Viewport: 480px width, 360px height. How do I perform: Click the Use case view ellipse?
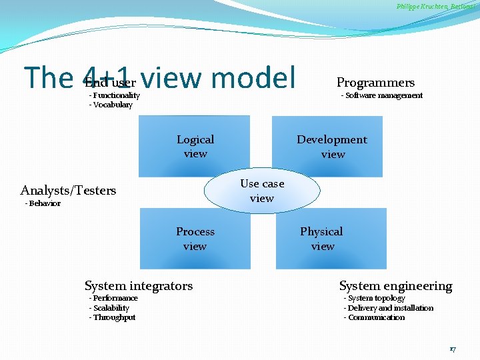click(x=262, y=191)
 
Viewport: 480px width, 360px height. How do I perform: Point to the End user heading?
click(x=110, y=83)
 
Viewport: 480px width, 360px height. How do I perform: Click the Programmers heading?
click(x=375, y=83)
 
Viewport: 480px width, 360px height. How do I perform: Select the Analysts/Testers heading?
click(x=68, y=191)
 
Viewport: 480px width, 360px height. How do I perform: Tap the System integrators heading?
click(x=139, y=286)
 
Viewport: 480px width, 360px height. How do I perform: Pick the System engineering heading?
click(x=395, y=286)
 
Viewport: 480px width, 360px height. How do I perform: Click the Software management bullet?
click(x=382, y=95)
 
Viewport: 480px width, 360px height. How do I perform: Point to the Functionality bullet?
click(x=115, y=95)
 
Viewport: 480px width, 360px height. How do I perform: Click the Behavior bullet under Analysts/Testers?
click(x=43, y=203)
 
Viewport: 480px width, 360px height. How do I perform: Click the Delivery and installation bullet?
click(x=389, y=308)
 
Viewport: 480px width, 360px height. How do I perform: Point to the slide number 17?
click(x=453, y=349)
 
